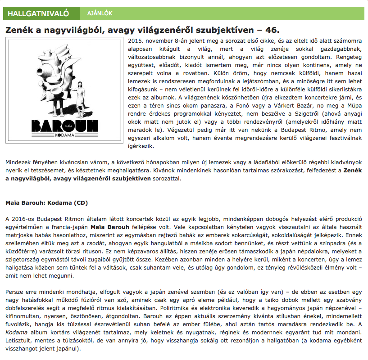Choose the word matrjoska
pyautogui.click(x=20, y=235)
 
